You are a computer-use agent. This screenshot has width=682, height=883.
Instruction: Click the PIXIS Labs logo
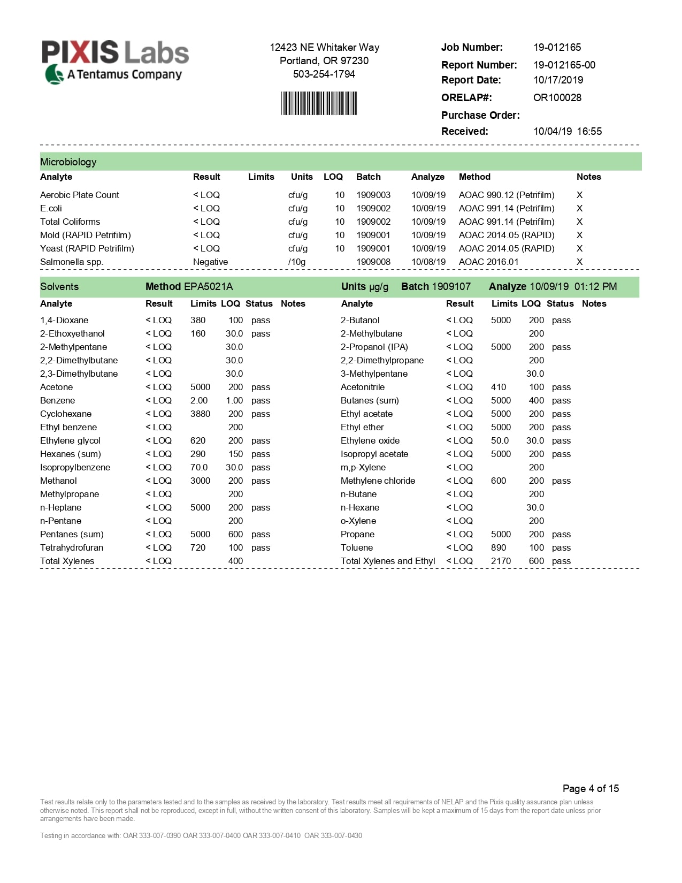click(115, 62)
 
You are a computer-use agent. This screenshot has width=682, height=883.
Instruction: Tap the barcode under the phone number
click(319, 103)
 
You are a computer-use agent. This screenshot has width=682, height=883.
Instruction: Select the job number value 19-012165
click(557, 47)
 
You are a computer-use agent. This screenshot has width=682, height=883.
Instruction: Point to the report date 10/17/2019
click(558, 80)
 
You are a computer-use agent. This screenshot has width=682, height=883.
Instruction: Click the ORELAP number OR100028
click(557, 97)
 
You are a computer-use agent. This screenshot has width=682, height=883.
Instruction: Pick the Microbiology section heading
click(68, 162)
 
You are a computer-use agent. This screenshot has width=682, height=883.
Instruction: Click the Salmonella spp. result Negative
click(210, 262)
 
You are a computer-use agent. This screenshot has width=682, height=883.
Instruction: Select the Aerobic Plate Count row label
click(80, 195)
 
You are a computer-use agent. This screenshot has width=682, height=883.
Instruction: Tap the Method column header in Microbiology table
click(474, 177)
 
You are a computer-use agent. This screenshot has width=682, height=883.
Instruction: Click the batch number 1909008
click(373, 262)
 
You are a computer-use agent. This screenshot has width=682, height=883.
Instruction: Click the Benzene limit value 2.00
click(199, 400)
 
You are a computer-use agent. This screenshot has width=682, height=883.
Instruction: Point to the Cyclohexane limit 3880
click(200, 414)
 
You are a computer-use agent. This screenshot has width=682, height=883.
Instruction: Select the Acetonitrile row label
click(363, 387)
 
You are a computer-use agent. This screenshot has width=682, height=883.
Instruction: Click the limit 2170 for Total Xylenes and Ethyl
click(501, 561)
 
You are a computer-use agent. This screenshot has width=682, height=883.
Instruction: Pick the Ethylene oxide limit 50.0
click(500, 440)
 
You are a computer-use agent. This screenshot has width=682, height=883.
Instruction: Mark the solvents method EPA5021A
click(208, 286)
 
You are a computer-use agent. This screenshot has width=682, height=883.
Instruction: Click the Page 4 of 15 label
click(591, 788)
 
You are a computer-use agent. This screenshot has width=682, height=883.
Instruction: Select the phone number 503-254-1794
click(324, 74)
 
